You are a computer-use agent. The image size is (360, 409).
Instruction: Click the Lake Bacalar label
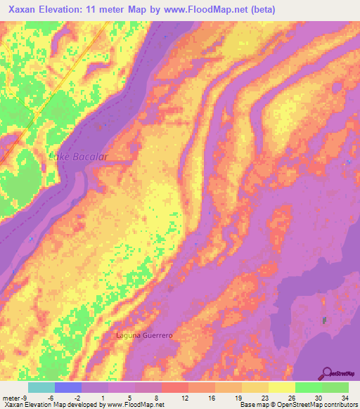point(77,157)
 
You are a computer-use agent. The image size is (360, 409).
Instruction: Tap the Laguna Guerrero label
point(144,336)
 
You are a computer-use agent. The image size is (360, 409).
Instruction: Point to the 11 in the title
point(91,10)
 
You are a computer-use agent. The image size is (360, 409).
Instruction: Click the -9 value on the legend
point(25,397)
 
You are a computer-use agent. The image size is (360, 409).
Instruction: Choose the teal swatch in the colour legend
point(41,387)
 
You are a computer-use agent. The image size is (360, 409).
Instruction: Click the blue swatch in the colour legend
point(67,387)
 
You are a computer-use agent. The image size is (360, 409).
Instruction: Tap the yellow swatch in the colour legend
point(281,387)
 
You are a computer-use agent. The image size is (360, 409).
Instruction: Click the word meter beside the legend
point(11,397)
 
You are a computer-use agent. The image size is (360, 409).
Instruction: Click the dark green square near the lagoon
point(324,320)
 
